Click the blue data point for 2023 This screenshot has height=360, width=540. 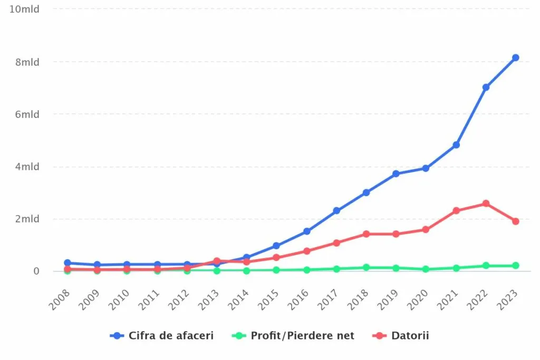tap(515, 57)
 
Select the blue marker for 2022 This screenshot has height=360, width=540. tap(486, 87)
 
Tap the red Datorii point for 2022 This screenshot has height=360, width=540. tap(486, 203)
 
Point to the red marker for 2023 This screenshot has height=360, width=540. tap(515, 221)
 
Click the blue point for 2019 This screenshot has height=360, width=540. tap(396, 174)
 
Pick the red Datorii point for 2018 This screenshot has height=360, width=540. tap(366, 234)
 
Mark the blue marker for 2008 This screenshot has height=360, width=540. tap(67, 262)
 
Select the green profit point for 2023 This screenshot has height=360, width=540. tap(515, 266)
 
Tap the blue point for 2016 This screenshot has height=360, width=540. tap(306, 231)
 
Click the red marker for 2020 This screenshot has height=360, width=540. tap(426, 230)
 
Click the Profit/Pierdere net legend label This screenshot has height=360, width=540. tap(302, 336)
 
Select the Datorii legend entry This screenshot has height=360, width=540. tap(410, 336)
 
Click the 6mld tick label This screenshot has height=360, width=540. tap(27, 114)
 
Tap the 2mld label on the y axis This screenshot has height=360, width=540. tap(27, 219)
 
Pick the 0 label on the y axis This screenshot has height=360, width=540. tap(36, 271)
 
